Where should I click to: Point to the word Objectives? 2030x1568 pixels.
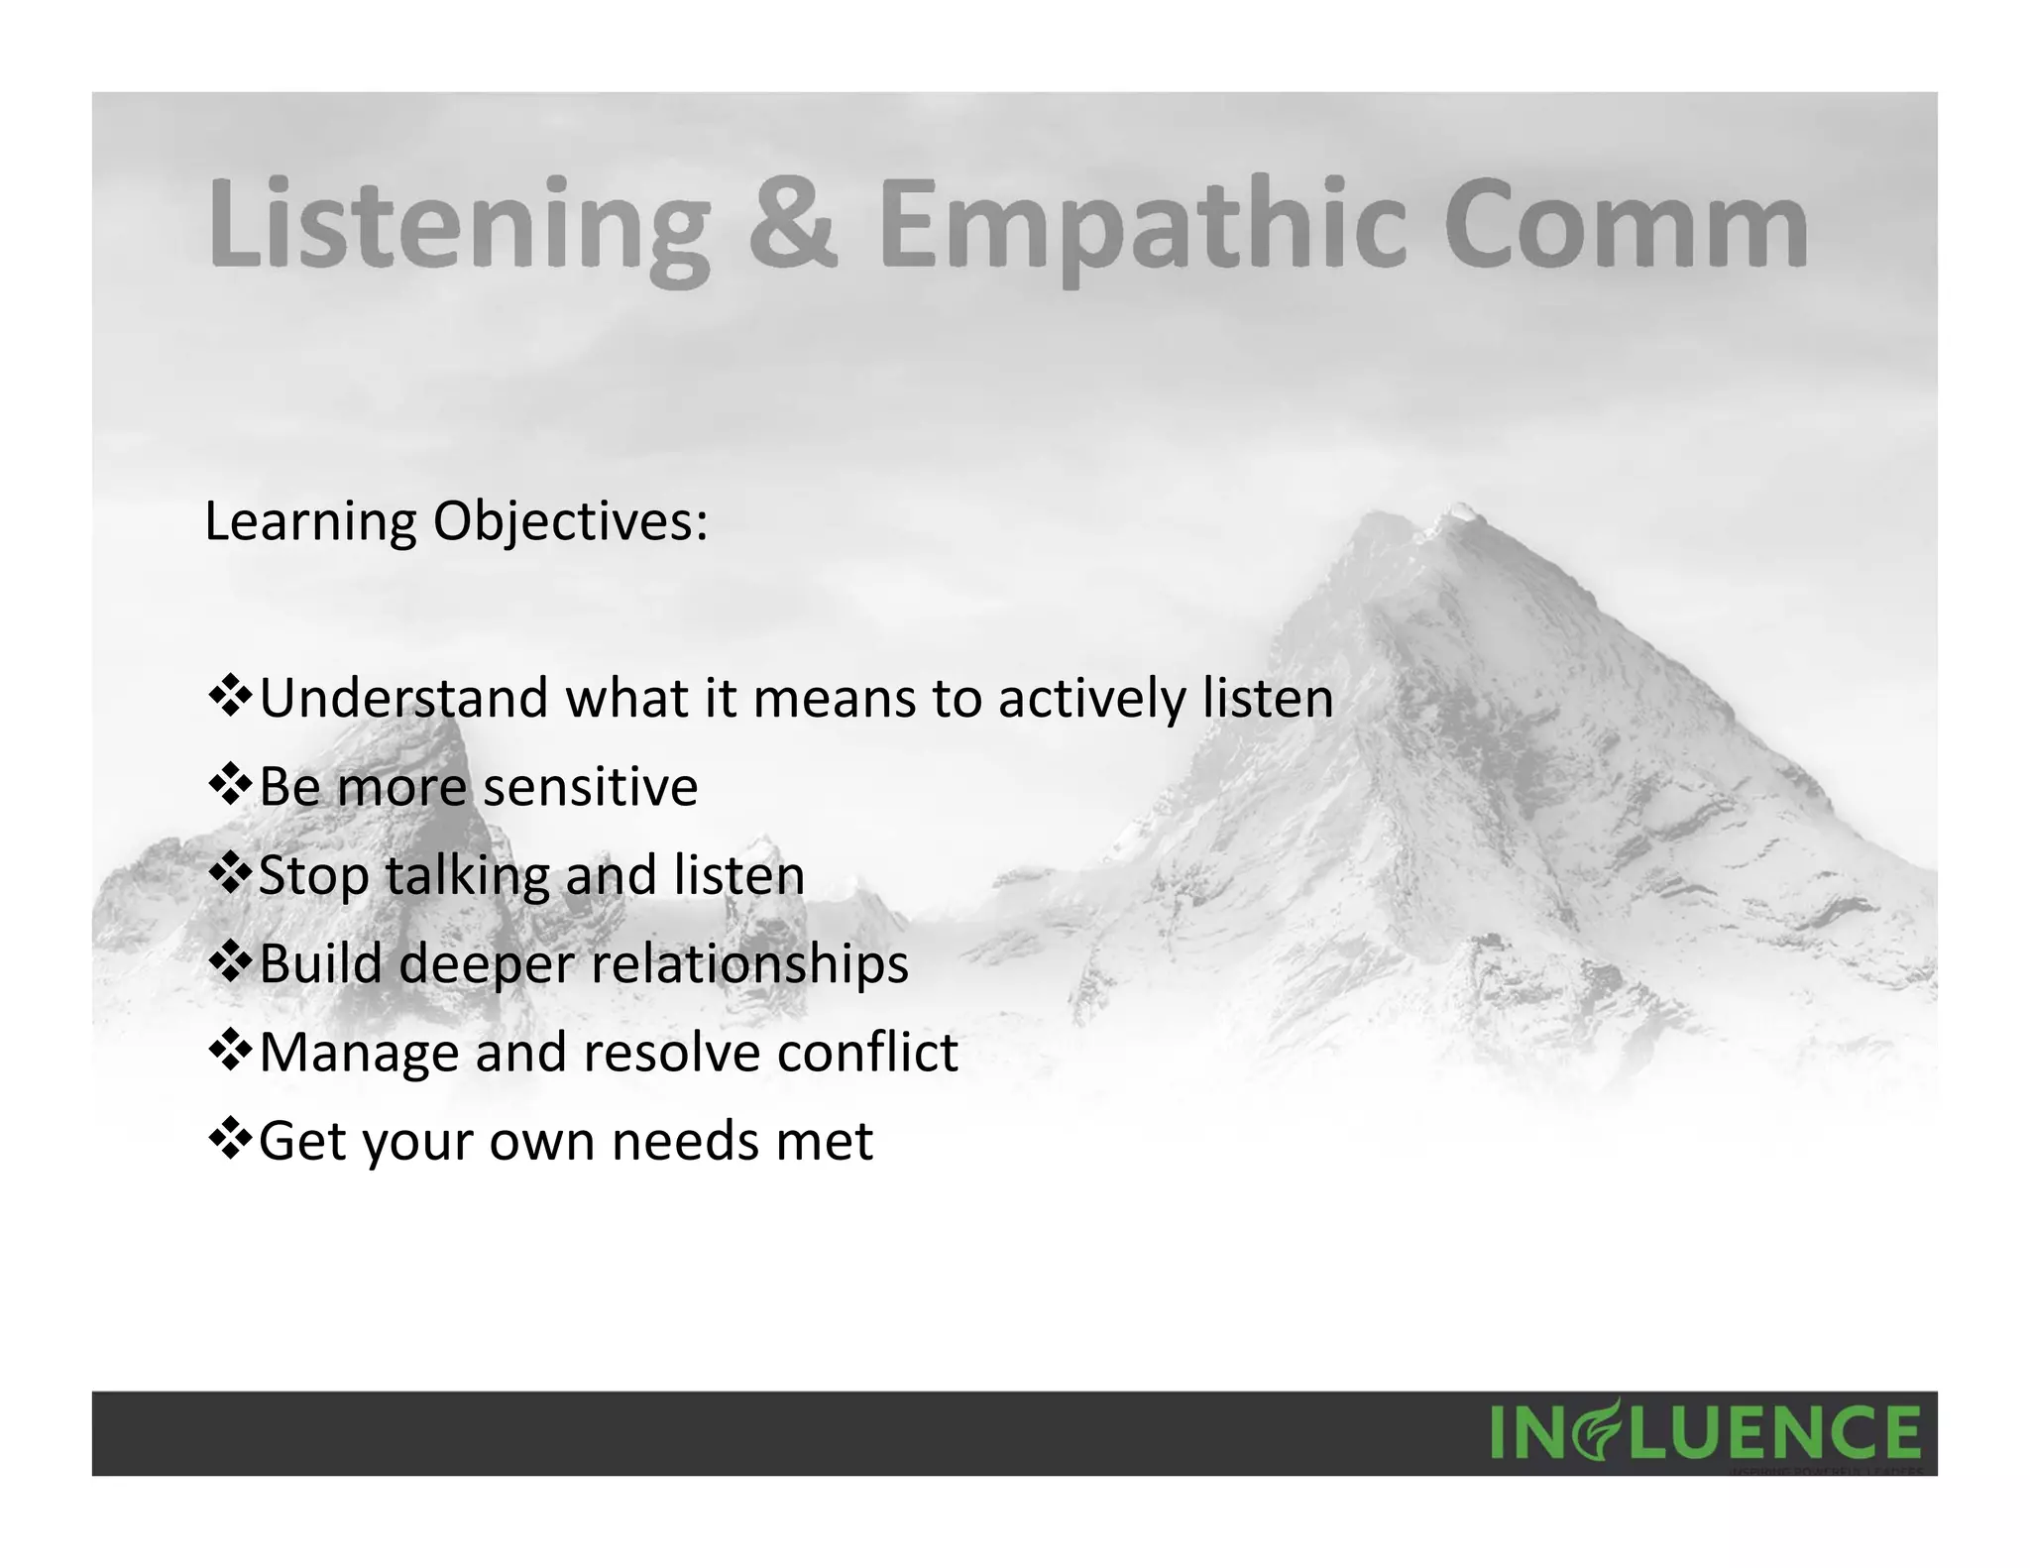[570, 522]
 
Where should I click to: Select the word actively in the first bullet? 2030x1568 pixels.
[1091, 698]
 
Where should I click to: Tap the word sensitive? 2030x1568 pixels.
[590, 787]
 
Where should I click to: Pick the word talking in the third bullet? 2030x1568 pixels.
[466, 876]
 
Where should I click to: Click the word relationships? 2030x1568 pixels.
[749, 963]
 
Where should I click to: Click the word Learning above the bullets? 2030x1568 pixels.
[310, 522]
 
